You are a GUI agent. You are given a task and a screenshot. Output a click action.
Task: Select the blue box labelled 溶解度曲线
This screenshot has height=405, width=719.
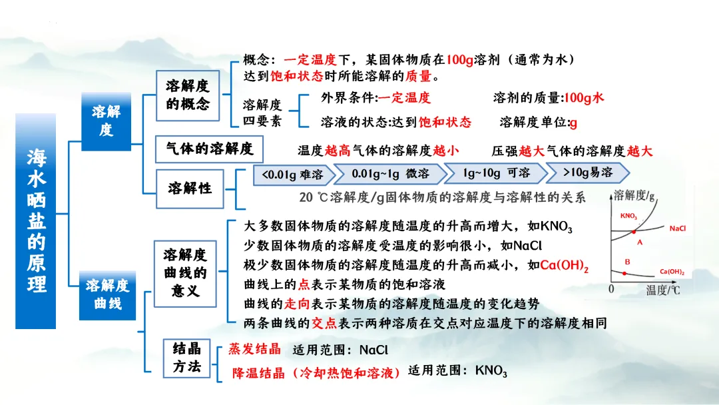(107, 294)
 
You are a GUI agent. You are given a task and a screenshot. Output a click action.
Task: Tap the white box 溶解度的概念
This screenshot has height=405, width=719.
(187, 95)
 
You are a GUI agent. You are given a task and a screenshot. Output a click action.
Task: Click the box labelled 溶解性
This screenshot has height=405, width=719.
(190, 188)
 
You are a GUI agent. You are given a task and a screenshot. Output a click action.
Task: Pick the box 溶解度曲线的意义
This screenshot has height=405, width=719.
(185, 272)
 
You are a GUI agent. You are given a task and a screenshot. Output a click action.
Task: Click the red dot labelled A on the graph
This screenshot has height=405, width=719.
(633, 230)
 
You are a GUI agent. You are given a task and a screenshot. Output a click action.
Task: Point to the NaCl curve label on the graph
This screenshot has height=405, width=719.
(678, 228)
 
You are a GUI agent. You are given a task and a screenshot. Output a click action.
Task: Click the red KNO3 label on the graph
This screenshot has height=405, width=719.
(628, 216)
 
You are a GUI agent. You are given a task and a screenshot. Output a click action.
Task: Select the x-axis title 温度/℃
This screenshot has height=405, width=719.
(663, 291)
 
